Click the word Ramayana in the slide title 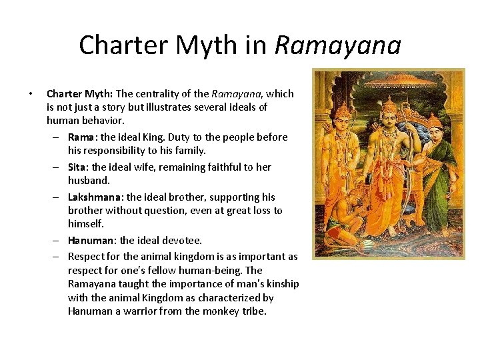coord(338,45)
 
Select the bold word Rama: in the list coord(82,137)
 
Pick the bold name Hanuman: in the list coord(93,240)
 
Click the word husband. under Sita coord(89,181)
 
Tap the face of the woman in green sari coord(435,124)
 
